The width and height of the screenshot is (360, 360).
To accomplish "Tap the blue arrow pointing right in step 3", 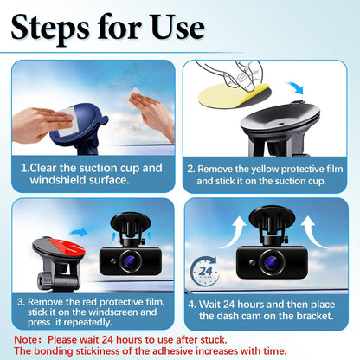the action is (79, 232).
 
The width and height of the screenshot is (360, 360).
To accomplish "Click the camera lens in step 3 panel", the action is (131, 260).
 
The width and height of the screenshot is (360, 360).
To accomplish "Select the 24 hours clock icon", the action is (205, 271).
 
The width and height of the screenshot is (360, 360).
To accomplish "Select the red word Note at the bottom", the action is (26, 339).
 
